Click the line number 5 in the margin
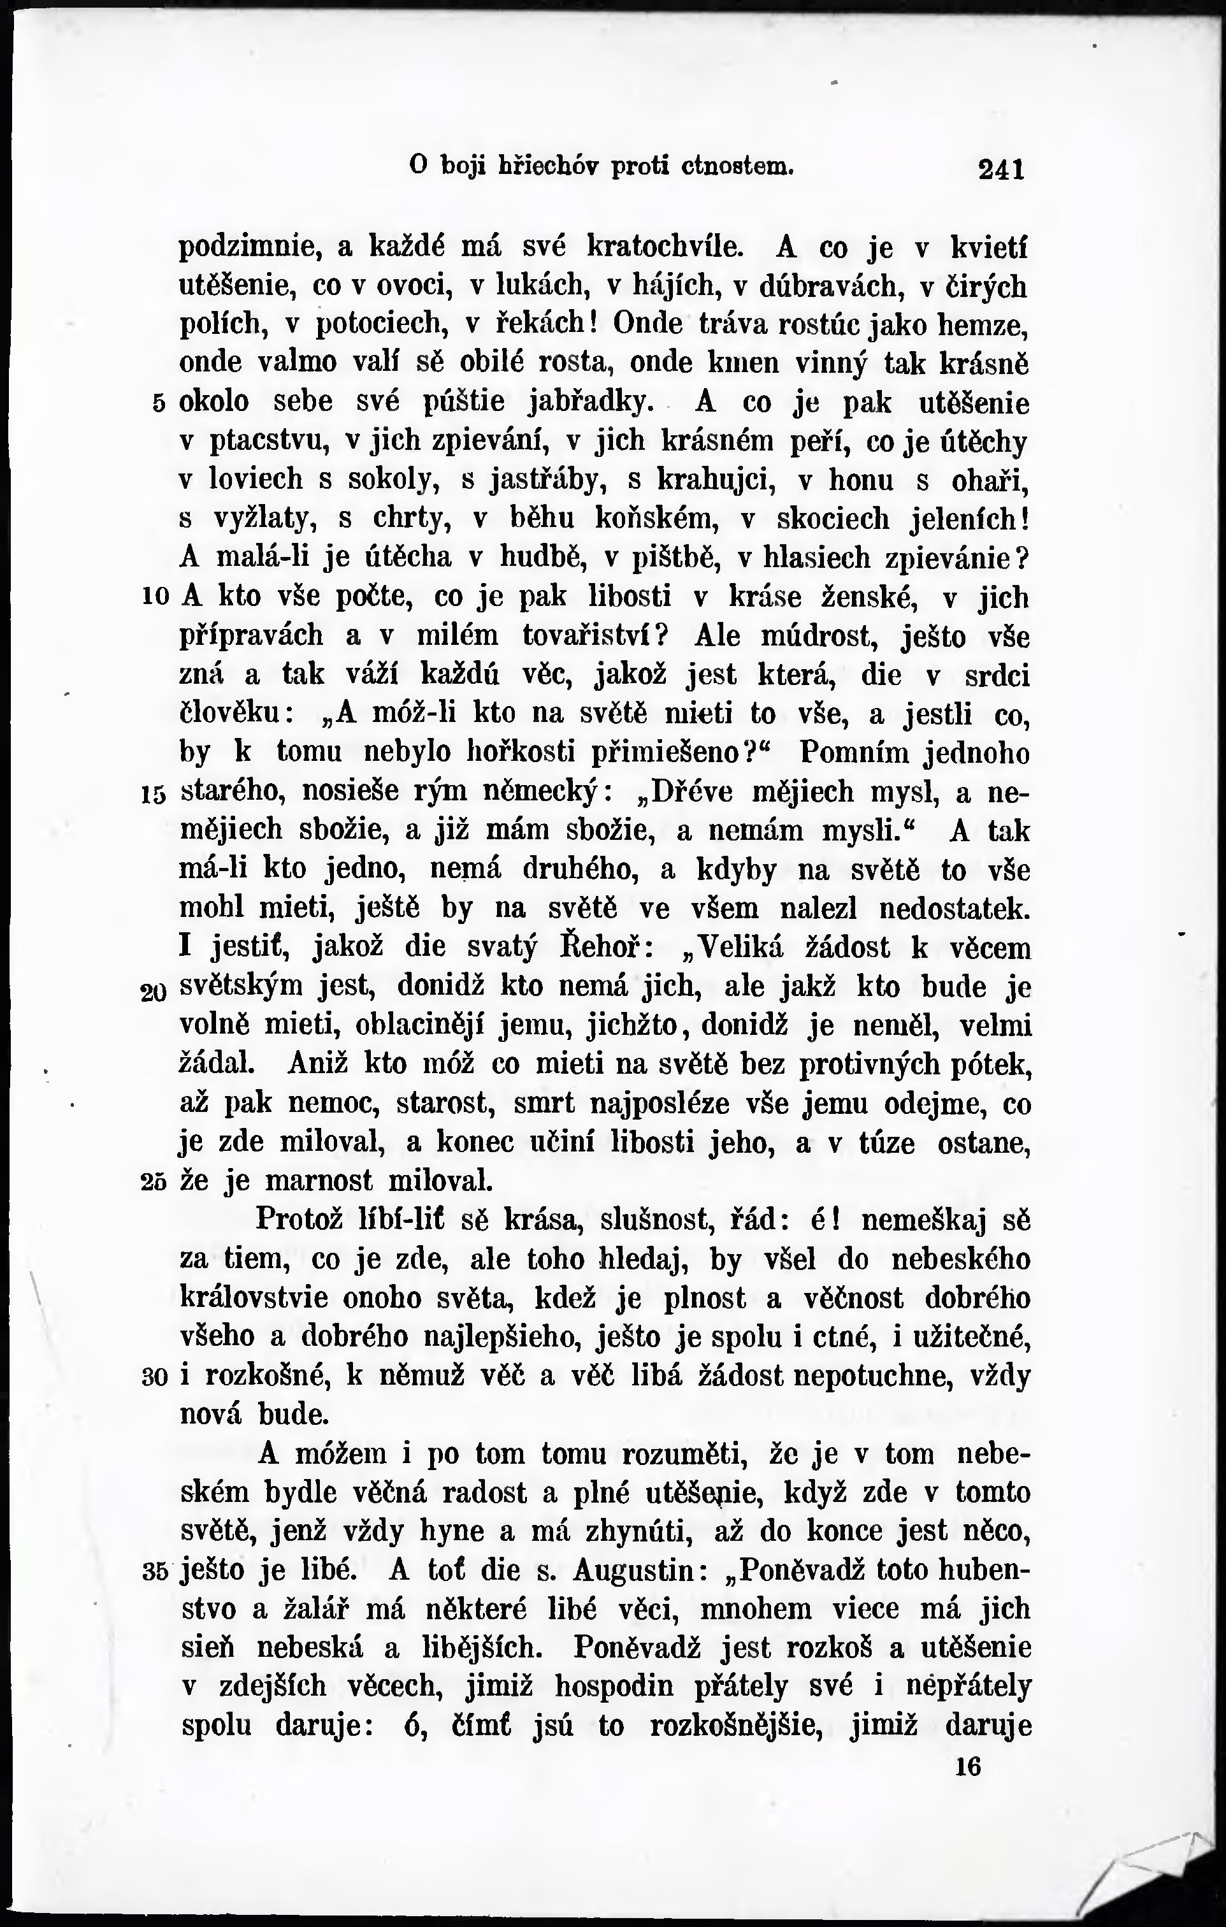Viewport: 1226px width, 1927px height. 157,403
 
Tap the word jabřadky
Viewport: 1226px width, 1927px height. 598,401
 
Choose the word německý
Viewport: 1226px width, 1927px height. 544,792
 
